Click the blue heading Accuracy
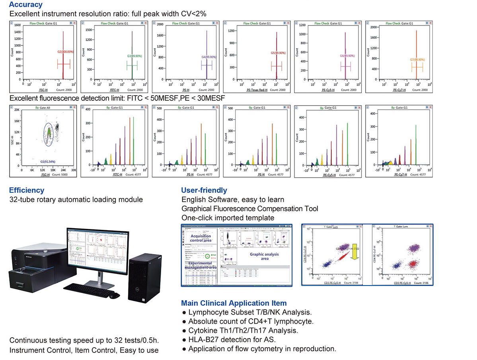pyautogui.click(x=25, y=5)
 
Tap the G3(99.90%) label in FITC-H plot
pyautogui.click(x=134, y=56)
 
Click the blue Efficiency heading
pyautogui.click(x=27, y=190)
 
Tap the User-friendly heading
pyautogui.click(x=204, y=190)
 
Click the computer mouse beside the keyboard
pyautogui.click(x=114, y=295)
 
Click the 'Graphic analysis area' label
pyautogui.click(x=265, y=256)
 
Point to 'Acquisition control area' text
pyautogui.click(x=201, y=238)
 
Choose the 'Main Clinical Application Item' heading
pyautogui.click(x=234, y=303)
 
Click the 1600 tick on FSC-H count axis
pyautogui.click(x=18, y=25)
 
